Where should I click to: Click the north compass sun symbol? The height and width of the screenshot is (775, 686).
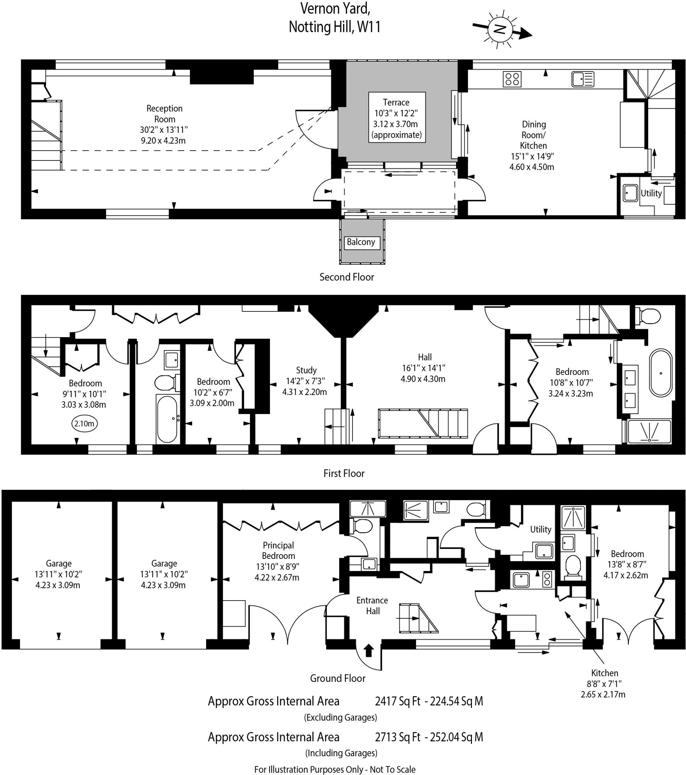tap(500, 29)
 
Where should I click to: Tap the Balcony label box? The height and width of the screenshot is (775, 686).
tap(362, 242)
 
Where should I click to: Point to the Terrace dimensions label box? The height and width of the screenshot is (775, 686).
tap(397, 118)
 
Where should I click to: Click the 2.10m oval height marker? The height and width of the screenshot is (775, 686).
tap(84, 423)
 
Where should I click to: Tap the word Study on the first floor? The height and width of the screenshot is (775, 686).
tap(306, 370)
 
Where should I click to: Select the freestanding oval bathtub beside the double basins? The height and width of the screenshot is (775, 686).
tap(661, 373)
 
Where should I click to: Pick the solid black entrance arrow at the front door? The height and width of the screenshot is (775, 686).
tap(368, 651)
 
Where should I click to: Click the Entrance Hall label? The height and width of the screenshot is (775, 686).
tap(372, 605)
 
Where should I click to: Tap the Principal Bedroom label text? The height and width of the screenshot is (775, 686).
tap(278, 551)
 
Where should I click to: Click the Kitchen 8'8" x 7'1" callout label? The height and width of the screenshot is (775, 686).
tap(604, 684)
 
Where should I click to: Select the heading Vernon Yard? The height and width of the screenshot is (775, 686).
tap(335, 8)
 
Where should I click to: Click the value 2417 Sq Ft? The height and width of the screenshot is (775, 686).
tap(397, 702)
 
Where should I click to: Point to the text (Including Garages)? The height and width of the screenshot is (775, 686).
tap(341, 753)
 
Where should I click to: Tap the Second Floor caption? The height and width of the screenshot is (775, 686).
tap(346, 277)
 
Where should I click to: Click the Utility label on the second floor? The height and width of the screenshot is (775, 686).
tap(651, 193)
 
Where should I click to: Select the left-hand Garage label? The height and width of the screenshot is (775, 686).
tap(58, 563)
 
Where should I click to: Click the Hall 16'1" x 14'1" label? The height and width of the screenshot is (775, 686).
tap(424, 368)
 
